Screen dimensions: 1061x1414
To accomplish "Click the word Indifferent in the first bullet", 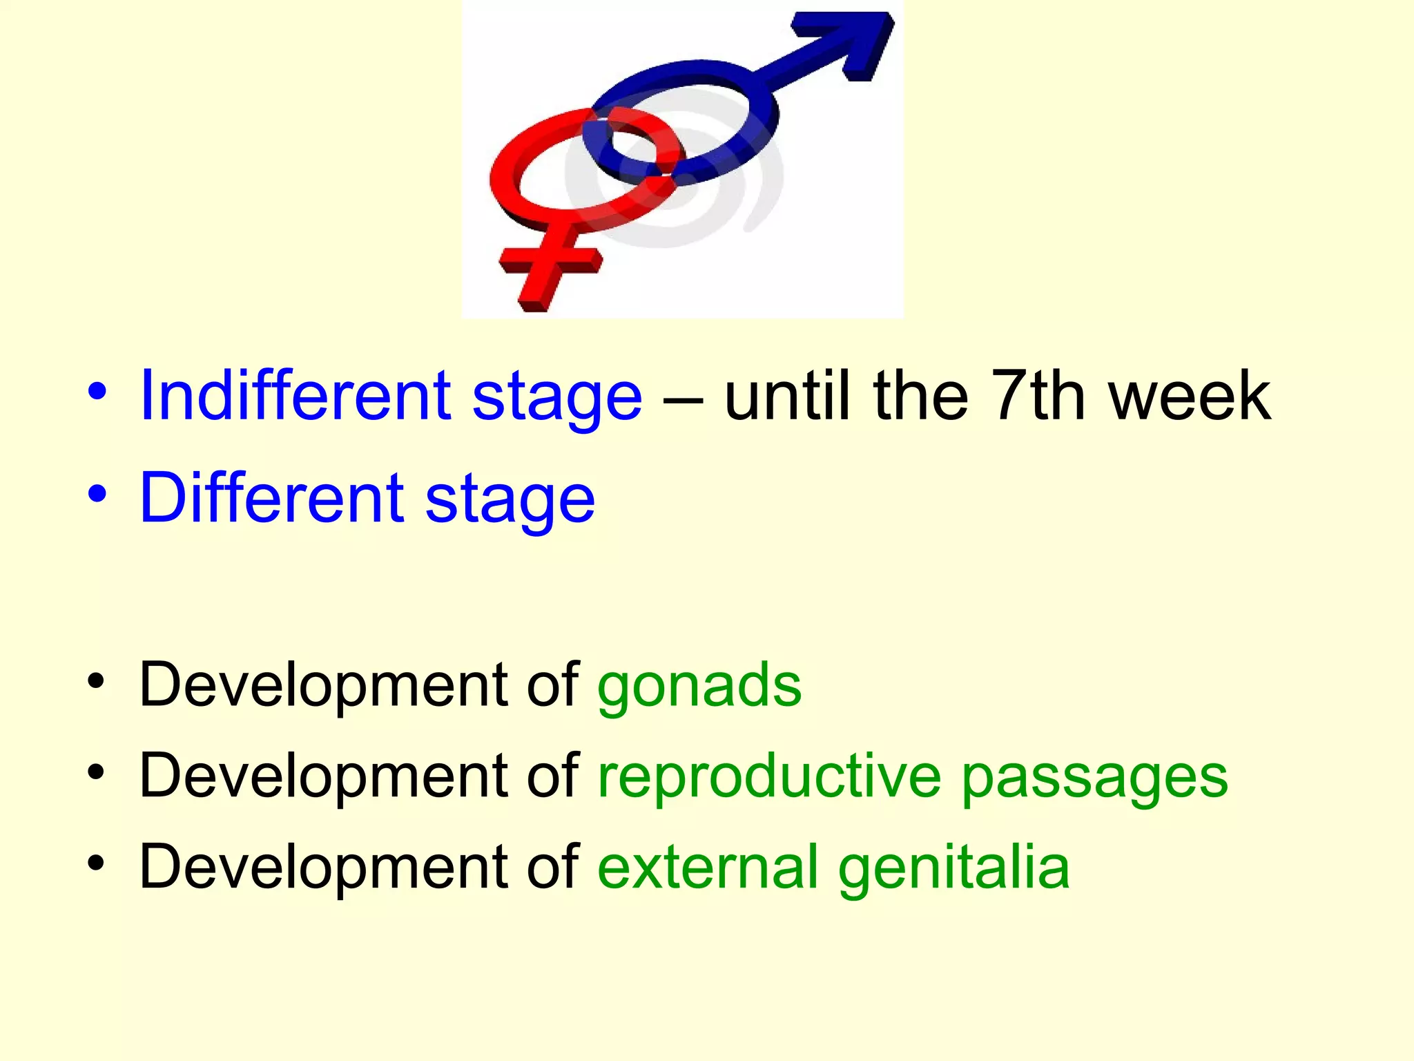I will (295, 396).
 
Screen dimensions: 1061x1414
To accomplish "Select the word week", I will (1190, 396).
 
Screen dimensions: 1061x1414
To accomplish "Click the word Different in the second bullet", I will (271, 498).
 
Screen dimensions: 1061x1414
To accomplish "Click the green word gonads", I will (699, 686).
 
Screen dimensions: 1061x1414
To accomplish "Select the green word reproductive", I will (769, 777).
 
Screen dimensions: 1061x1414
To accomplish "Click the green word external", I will (708, 867).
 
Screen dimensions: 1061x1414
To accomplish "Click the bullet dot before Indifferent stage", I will (97, 392).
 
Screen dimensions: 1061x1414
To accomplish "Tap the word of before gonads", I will (552, 684).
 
